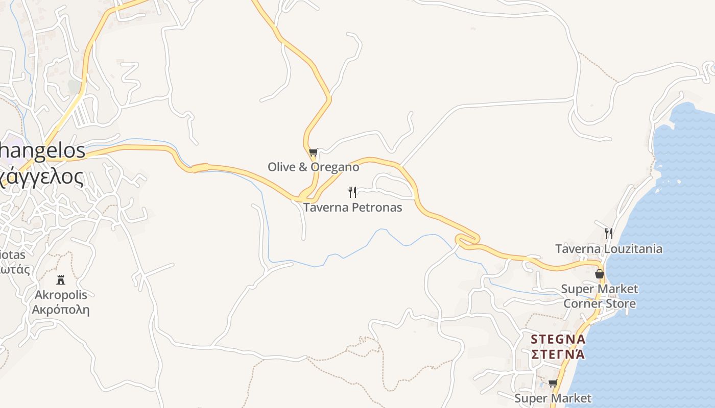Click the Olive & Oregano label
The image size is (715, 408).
[x=313, y=167]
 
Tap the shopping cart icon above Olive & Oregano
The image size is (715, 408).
[x=313, y=152]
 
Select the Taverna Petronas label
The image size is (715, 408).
[x=352, y=208]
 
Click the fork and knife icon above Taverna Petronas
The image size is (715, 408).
[x=352, y=192]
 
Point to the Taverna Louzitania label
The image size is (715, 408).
[x=609, y=249]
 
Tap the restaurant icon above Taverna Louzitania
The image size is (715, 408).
[x=608, y=234]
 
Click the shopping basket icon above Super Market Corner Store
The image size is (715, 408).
[x=600, y=274]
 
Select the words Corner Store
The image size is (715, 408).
[x=599, y=304]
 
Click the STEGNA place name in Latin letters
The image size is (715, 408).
[x=558, y=339]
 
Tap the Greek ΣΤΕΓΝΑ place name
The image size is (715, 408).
[x=558, y=354]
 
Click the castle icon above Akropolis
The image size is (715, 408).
[x=61, y=279]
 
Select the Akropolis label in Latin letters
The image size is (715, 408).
[x=61, y=295]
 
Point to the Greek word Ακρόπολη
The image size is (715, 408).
[x=61, y=310]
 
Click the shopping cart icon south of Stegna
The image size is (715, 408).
[x=552, y=383]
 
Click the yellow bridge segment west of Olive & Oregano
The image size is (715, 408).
[x=200, y=168]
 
